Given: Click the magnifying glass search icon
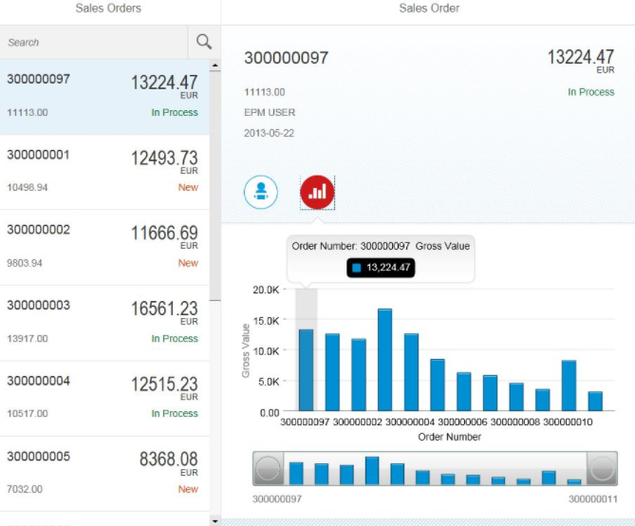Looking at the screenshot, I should [204, 42].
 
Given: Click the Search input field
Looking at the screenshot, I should [95, 42].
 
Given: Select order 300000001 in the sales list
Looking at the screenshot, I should [38, 155].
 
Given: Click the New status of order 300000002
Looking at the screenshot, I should [188, 263].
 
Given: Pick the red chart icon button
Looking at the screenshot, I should [317, 192].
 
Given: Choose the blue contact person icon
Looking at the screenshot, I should [261, 192].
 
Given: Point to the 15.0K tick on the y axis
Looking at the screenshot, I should [264, 320].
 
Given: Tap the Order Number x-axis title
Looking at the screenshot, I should [449, 437].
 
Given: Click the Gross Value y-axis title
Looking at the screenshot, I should [246, 351].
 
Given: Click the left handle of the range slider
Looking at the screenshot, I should [269, 469].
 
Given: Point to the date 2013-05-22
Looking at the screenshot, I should [269, 133].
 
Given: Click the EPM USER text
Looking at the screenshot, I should [270, 112].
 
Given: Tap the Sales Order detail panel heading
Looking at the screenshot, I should [429, 9].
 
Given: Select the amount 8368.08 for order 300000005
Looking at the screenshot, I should [168, 460].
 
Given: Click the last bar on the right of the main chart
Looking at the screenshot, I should [595, 401].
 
